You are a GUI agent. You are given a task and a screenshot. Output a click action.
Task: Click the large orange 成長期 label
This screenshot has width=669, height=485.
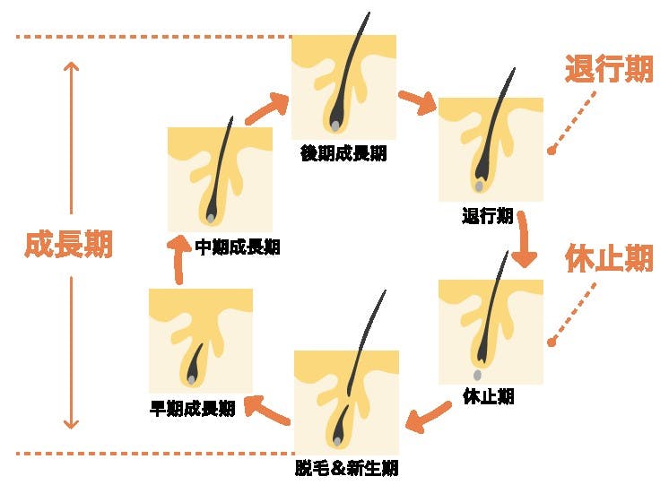(x=68, y=245)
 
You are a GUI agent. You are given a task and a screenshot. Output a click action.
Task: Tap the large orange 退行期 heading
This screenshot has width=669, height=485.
(x=608, y=69)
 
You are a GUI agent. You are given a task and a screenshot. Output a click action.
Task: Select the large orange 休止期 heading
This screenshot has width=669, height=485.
(x=608, y=259)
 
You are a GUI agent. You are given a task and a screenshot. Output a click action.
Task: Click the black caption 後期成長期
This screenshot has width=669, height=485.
(x=343, y=153)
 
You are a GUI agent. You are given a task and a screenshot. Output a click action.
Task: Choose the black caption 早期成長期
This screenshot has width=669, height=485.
(x=192, y=409)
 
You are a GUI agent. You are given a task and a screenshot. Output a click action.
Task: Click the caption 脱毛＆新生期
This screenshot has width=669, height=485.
(x=346, y=467)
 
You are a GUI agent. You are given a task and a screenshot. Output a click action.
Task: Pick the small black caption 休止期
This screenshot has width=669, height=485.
(x=489, y=396)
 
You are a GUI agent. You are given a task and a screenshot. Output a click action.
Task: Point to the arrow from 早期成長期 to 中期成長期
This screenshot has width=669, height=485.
(x=180, y=263)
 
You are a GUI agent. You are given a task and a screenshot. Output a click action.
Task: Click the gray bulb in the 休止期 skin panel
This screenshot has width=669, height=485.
(x=477, y=374)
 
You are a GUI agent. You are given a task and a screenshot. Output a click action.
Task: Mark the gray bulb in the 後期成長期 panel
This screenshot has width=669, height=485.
(x=334, y=124)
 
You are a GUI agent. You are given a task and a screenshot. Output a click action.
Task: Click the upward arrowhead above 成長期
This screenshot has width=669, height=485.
(x=72, y=67)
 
